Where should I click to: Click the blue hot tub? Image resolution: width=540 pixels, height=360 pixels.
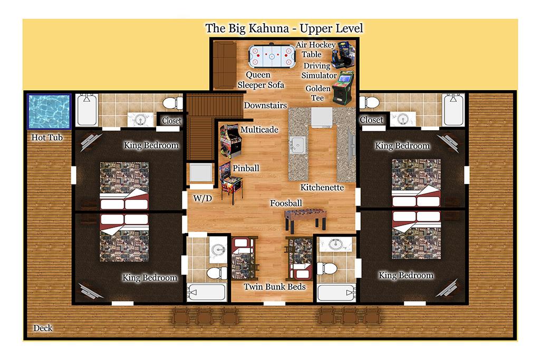49,112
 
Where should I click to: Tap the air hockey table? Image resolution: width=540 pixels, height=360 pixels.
272,55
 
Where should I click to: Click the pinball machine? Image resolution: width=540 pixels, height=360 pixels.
231,182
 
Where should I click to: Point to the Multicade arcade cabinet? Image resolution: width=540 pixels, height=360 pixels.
231,141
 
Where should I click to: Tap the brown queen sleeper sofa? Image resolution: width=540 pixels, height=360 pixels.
224,65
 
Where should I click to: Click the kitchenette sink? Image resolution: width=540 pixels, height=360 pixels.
297,144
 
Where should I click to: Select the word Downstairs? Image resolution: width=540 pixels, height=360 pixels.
265,105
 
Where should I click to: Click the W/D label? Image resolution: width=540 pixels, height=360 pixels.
202,198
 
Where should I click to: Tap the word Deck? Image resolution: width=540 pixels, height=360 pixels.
43,328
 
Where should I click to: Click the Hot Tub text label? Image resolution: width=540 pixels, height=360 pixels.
47,138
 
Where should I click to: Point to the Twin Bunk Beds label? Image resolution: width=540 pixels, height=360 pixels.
274,287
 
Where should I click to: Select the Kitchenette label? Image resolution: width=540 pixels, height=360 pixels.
322,188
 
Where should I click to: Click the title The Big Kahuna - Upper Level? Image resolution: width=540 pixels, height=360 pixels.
284,28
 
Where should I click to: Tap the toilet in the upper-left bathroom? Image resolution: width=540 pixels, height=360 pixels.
172,103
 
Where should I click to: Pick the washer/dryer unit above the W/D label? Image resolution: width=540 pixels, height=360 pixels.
201,173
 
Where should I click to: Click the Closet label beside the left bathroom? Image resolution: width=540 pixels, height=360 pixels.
171,121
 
